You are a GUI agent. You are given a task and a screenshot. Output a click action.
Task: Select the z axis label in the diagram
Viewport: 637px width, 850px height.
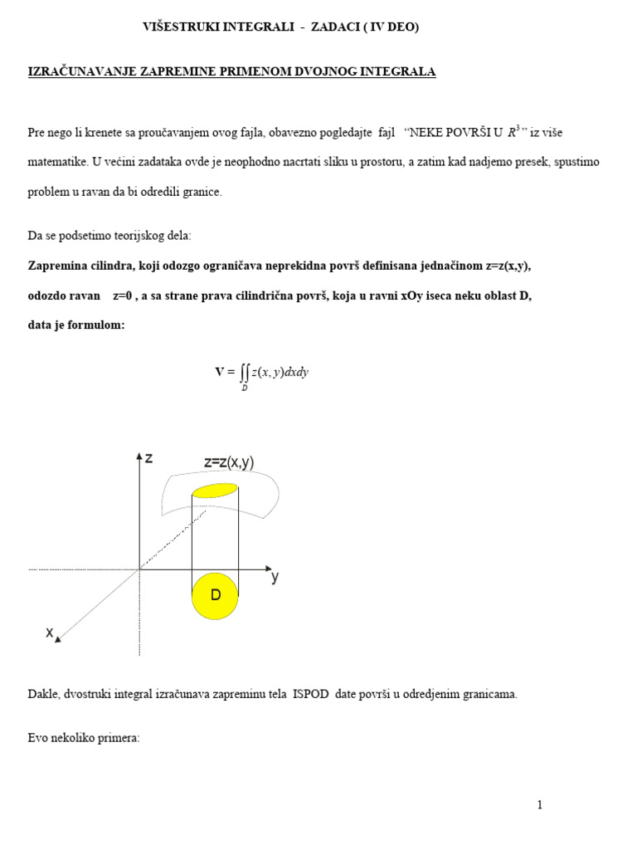148,457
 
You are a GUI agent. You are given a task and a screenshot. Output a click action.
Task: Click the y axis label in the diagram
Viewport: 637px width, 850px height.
275,578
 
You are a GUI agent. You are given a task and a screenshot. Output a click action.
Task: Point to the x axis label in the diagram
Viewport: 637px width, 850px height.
49,633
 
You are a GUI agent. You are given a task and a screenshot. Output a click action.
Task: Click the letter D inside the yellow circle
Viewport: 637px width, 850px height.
215,595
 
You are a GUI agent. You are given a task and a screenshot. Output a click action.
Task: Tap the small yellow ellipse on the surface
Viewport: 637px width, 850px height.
215,490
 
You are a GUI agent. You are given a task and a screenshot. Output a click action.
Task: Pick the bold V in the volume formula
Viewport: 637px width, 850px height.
220,372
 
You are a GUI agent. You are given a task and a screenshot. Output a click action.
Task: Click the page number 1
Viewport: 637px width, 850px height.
539,804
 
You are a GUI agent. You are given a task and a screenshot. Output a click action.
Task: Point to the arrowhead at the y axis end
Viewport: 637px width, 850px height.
268,569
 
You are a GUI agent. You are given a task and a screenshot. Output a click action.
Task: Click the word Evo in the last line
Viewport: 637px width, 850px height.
37,736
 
